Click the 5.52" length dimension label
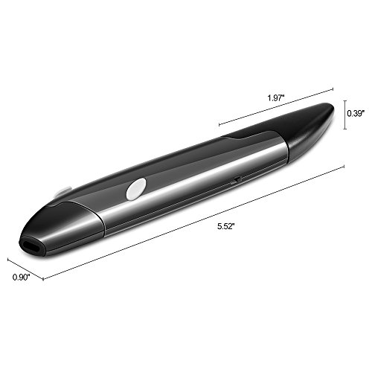coord(225,226)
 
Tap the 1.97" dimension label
coord(275,98)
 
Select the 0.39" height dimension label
coord(356,113)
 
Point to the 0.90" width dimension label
coord(21,277)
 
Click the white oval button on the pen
coord(136,189)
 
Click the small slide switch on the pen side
coord(237,179)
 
